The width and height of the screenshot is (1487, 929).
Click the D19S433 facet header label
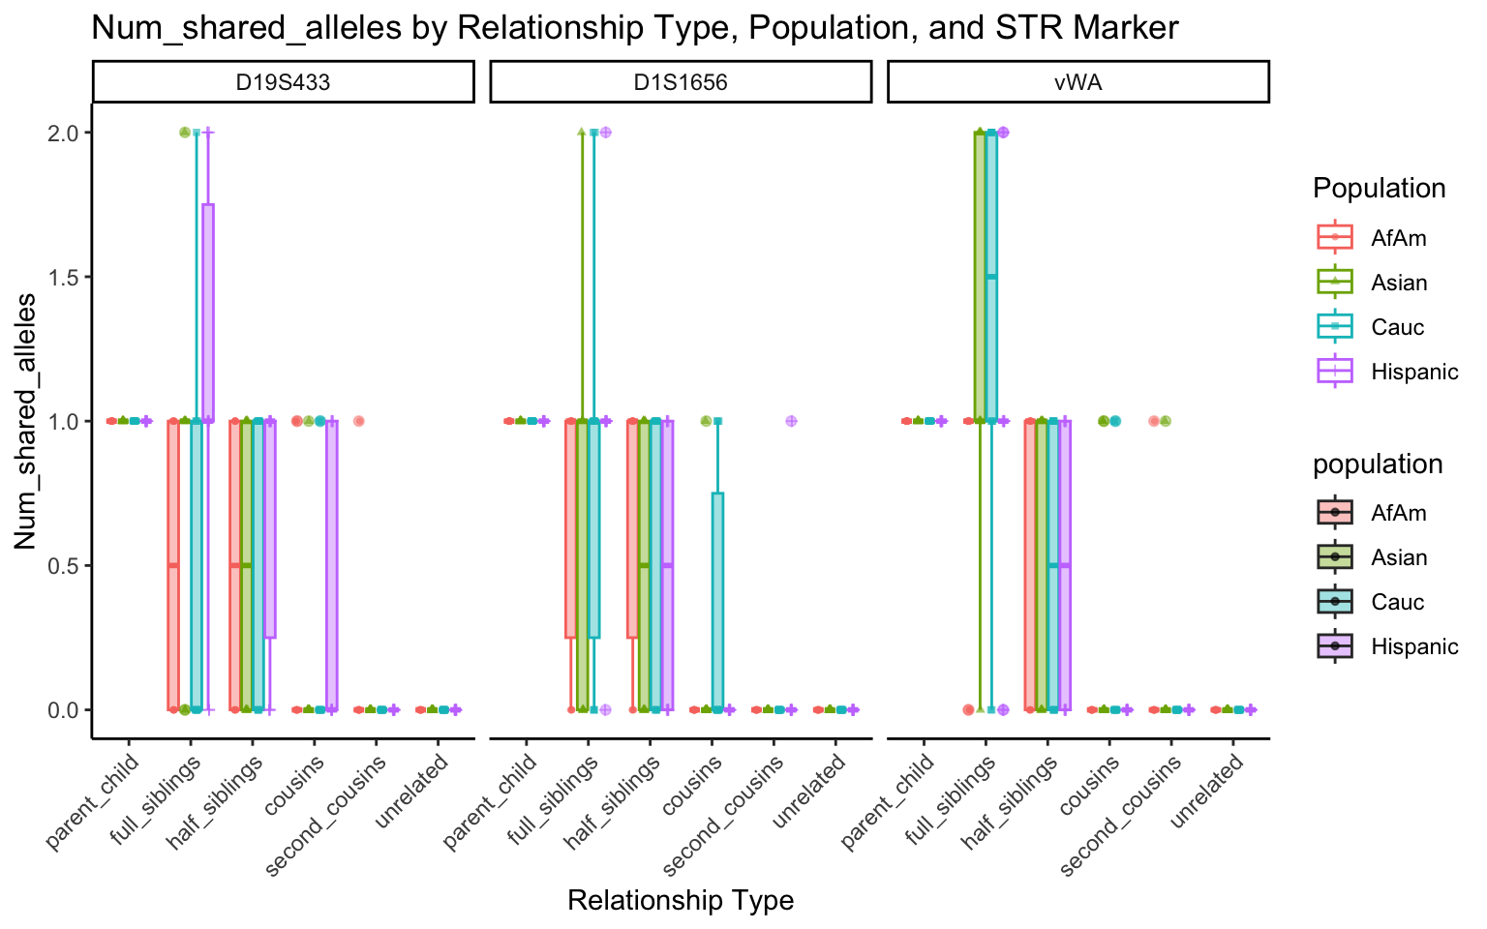click(283, 82)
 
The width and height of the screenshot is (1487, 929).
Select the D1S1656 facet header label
click(681, 82)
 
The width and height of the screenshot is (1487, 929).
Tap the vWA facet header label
click(1077, 82)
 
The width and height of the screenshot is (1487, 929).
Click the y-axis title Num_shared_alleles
click(26, 421)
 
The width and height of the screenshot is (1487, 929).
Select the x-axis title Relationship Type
click(681, 901)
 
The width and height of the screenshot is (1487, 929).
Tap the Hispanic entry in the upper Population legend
click(1414, 372)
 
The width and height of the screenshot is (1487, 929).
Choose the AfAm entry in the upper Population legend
click(1398, 238)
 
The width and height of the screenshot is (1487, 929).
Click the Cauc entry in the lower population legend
click(1397, 602)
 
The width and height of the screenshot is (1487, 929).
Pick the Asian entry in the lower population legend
click(1399, 557)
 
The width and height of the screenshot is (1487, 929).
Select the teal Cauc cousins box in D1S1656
click(717, 600)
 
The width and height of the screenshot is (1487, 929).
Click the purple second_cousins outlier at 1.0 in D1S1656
click(791, 421)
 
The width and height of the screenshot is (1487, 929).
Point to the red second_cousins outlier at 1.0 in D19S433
click(358, 421)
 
